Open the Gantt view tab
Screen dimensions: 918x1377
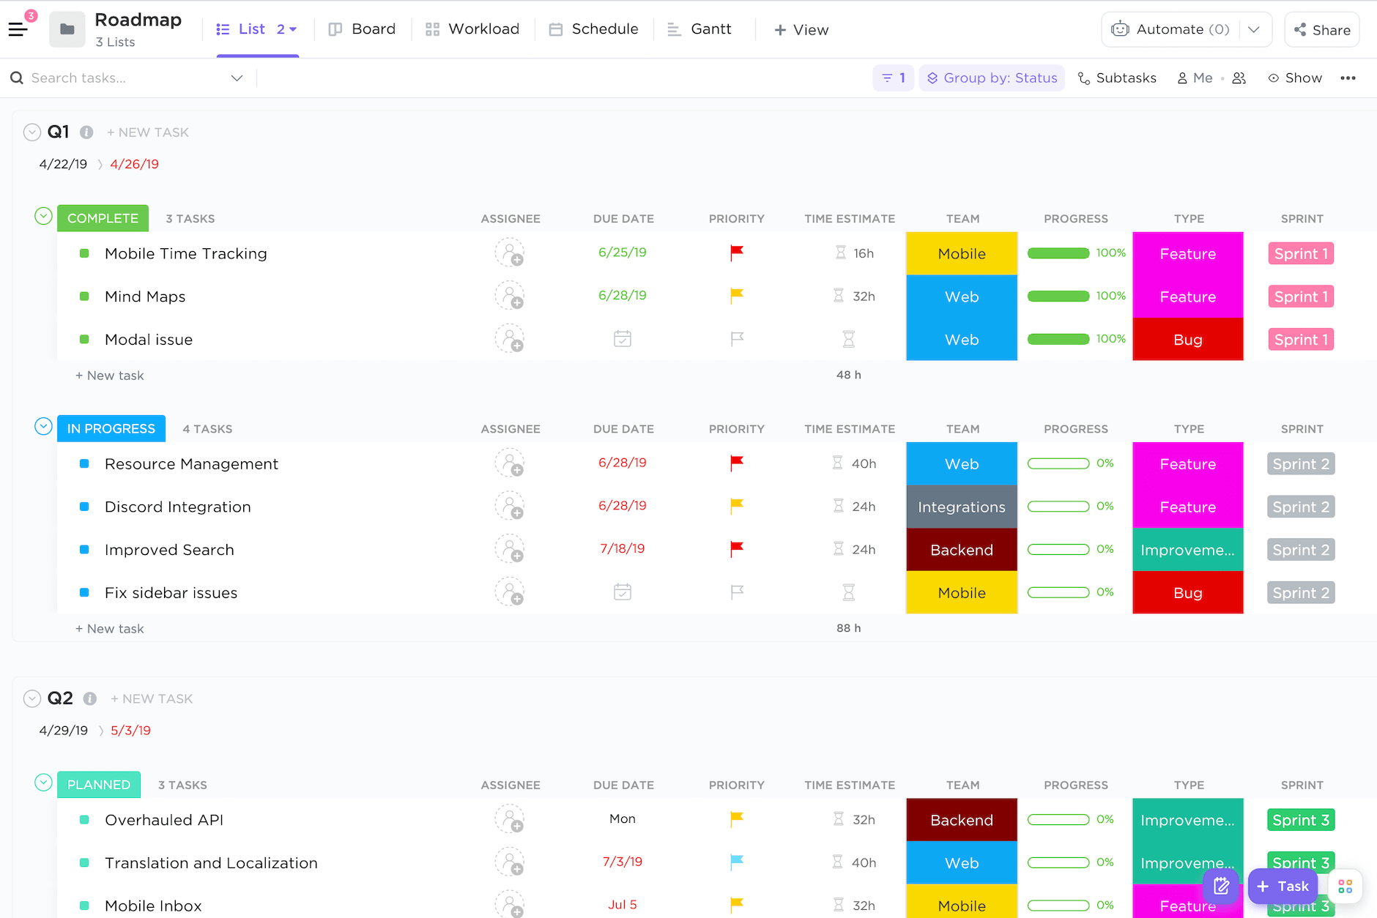point(699,29)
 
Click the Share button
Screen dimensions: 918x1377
point(1322,30)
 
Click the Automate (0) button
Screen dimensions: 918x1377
point(1170,29)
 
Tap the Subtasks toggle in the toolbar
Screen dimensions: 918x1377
point(1117,78)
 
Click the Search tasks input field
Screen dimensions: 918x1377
point(125,78)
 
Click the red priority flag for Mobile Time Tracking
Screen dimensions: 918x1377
point(737,253)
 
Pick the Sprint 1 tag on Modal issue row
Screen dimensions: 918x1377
point(1301,340)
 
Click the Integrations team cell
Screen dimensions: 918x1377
point(961,507)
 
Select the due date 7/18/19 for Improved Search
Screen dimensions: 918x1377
point(623,549)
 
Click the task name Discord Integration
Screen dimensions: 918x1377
point(177,507)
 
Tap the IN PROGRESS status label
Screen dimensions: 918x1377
point(111,429)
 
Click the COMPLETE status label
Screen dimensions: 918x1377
point(103,218)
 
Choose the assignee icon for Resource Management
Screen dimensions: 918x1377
point(510,463)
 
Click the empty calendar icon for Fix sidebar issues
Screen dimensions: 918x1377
point(623,592)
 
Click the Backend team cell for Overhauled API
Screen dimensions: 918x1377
point(961,820)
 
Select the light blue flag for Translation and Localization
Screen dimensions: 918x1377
point(737,862)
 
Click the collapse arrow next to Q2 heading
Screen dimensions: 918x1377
point(32,698)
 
